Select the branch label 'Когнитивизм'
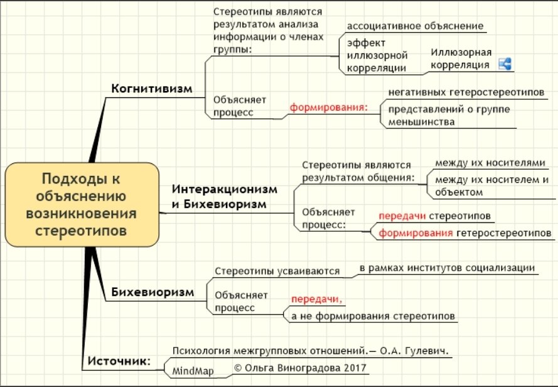pyautogui.click(x=151, y=88)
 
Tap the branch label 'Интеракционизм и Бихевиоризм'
pyautogui.click(x=223, y=197)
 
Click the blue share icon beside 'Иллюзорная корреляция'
pyautogui.click(x=505, y=63)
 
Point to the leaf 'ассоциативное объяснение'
pyautogui.click(x=415, y=26)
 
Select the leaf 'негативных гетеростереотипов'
pyautogui.click(x=465, y=92)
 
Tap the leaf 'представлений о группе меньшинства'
pyautogui.click(x=448, y=116)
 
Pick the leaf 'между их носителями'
pyautogui.click(x=486, y=163)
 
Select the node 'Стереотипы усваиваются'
pyautogui.click(x=277, y=271)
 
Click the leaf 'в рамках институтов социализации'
pyautogui.click(x=447, y=268)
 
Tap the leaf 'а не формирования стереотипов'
pyautogui.click(x=373, y=316)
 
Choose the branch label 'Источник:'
pyautogui.click(x=119, y=361)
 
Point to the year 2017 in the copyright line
pyautogui.click(x=356, y=367)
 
